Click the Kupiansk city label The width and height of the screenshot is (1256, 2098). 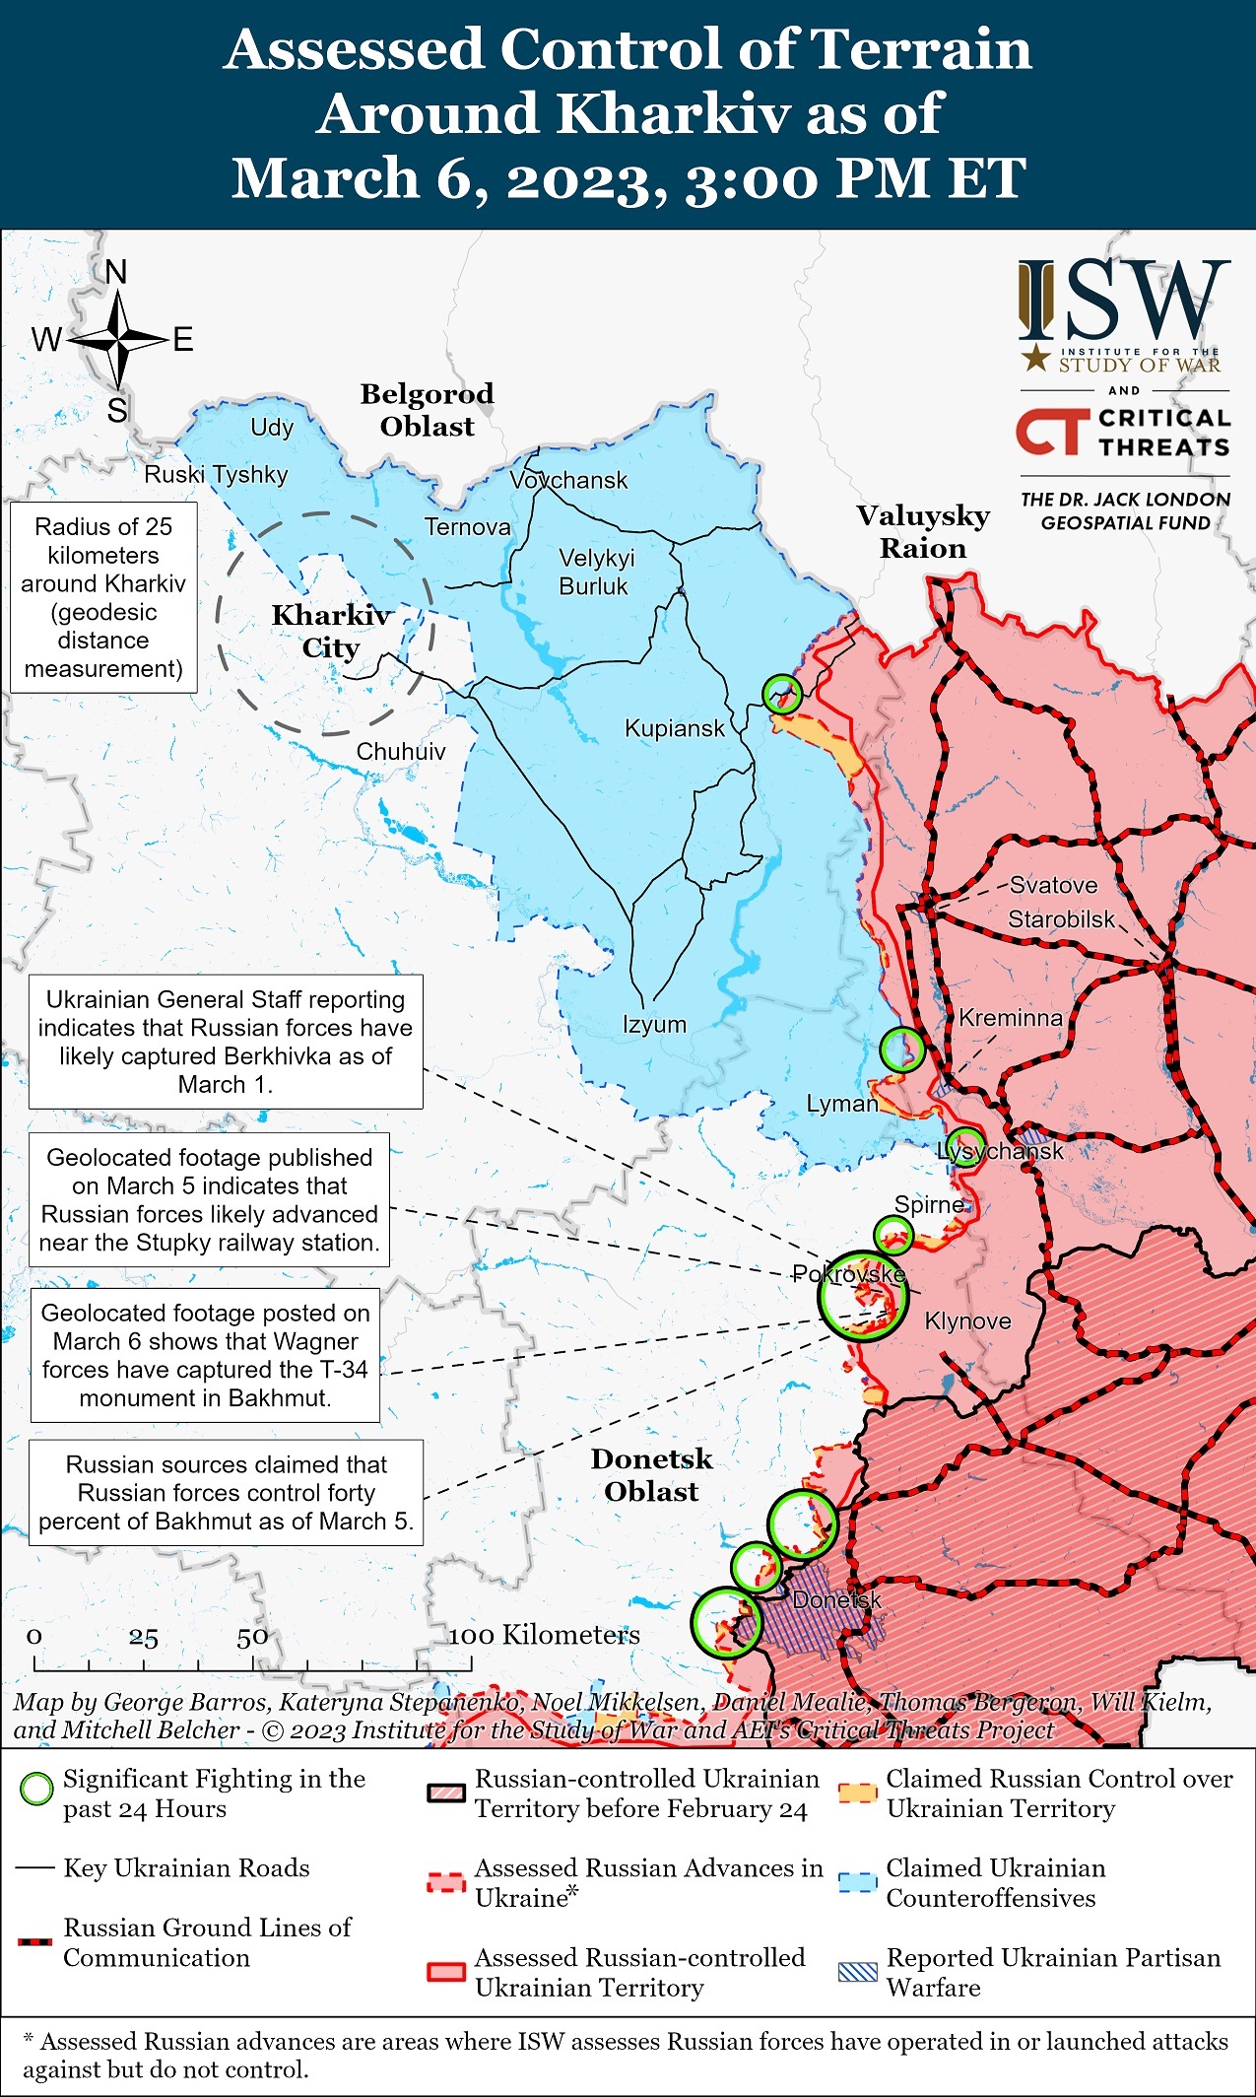coord(674,728)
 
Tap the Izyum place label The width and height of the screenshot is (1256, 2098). coord(654,1024)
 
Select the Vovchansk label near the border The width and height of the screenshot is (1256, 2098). coord(568,480)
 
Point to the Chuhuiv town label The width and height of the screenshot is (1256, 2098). coord(400,752)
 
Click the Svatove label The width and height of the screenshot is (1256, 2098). coord(1053,885)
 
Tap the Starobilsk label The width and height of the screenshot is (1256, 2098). coord(1061,919)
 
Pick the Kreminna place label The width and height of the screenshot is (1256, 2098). coord(1011,1018)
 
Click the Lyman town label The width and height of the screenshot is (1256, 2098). coord(841,1104)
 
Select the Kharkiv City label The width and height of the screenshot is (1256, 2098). coord(331,631)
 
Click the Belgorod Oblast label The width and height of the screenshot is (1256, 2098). coord(427,410)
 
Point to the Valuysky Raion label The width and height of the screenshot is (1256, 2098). coord(922,531)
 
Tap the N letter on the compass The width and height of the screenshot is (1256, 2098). coord(116,272)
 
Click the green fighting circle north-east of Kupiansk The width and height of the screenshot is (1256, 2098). coord(782,694)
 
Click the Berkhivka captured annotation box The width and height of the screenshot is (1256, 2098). coord(226,1042)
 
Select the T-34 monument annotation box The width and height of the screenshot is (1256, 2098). coord(205,1355)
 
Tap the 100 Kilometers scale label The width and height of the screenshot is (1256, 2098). coord(544,1636)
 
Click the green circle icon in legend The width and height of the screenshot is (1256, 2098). coord(37,1789)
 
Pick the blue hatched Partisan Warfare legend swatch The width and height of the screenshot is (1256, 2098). coord(857,1972)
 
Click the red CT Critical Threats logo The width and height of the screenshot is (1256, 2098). coord(1051,433)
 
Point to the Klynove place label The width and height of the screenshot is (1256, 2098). coord(967,1321)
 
